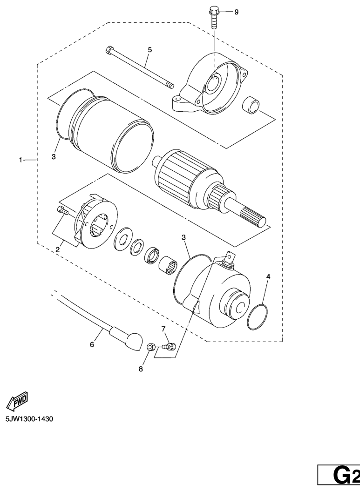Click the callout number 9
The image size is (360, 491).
[236, 12]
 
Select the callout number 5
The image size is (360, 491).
[150, 50]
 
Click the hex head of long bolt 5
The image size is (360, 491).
[109, 50]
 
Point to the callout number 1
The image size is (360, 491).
[20, 160]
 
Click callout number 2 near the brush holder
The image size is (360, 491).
[58, 249]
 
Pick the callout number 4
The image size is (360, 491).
[268, 276]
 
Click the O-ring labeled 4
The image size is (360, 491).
[258, 317]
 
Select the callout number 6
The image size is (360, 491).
[92, 344]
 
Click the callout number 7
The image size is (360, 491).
[163, 329]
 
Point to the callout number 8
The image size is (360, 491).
[141, 369]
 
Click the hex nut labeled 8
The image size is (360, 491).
[151, 347]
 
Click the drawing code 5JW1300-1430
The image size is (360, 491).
[29, 419]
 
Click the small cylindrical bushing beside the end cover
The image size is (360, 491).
[251, 106]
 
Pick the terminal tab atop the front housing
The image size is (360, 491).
[229, 257]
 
